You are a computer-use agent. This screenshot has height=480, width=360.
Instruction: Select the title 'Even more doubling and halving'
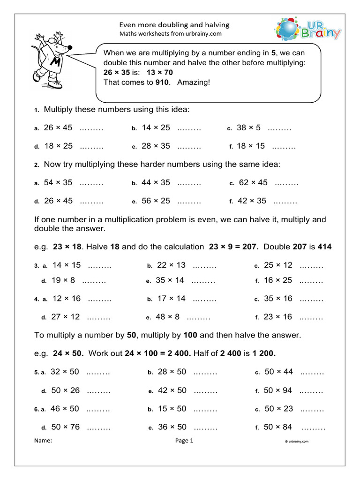174,24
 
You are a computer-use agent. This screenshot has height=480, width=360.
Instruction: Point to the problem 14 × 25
156,127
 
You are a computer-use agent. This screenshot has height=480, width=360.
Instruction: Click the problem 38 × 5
248,127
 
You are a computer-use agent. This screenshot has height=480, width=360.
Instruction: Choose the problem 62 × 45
253,182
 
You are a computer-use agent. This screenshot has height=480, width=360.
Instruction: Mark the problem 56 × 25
156,201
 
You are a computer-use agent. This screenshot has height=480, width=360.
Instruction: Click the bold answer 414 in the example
324,247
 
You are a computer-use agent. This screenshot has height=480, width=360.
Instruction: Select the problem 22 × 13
171,265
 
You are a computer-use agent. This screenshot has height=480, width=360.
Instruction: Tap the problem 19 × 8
63,280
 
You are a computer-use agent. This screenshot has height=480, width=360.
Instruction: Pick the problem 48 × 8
167,317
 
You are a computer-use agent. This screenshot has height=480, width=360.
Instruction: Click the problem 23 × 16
278,317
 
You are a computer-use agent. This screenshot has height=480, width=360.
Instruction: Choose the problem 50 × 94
277,390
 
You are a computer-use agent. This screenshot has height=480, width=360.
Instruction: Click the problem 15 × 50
172,408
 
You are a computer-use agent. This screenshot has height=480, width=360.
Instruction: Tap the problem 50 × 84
278,427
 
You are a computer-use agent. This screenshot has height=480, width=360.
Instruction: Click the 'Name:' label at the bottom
43,441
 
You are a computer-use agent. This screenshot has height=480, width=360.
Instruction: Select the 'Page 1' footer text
184,441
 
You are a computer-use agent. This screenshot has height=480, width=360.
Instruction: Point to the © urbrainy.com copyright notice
296,441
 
